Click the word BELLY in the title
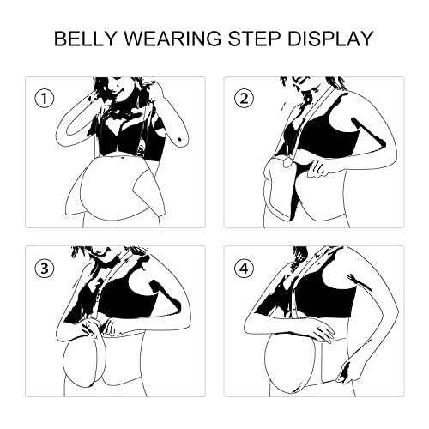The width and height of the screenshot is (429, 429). [x=86, y=39]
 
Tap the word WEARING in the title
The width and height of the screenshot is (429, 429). [x=172, y=39]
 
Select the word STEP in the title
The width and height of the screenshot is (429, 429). [x=254, y=39]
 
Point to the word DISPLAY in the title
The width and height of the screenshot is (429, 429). [x=330, y=39]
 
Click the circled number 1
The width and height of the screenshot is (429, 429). [x=45, y=99]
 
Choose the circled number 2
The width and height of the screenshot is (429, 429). [x=244, y=99]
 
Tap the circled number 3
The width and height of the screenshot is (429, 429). [x=45, y=269]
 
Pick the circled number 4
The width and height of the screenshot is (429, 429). [x=244, y=269]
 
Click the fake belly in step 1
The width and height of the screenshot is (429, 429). [x=114, y=189]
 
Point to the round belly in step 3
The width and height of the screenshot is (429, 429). [x=84, y=362]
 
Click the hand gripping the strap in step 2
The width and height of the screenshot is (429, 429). [x=318, y=169]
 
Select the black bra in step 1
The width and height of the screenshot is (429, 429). [x=129, y=135]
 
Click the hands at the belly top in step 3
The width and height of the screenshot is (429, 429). [x=97, y=329]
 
